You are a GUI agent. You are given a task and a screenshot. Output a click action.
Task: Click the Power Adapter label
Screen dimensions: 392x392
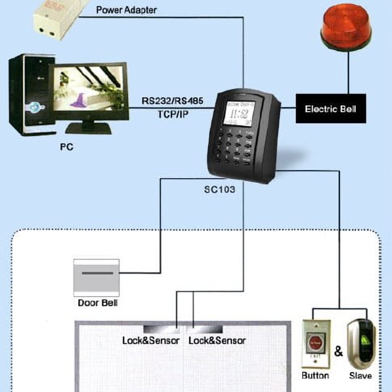126,9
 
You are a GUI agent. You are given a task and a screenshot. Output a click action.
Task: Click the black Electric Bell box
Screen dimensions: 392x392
330,109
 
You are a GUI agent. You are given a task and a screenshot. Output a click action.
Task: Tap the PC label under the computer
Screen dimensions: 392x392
67,147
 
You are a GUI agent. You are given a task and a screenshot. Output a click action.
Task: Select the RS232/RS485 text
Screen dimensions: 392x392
172,101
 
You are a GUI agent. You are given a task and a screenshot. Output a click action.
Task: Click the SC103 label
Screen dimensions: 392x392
220,189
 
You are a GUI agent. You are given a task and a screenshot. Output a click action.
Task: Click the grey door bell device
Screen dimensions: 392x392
96,276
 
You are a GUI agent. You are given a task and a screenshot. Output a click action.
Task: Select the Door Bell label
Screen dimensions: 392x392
98,303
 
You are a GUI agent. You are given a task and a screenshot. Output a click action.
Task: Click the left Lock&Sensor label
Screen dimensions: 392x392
151,340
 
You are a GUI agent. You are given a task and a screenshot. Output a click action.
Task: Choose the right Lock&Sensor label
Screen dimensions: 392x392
217,340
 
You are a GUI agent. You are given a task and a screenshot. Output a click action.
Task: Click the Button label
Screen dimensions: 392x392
315,376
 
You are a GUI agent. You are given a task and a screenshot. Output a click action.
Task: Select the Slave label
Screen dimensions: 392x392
360,376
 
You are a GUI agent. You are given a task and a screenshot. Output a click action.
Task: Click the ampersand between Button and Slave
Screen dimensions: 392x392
338,351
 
